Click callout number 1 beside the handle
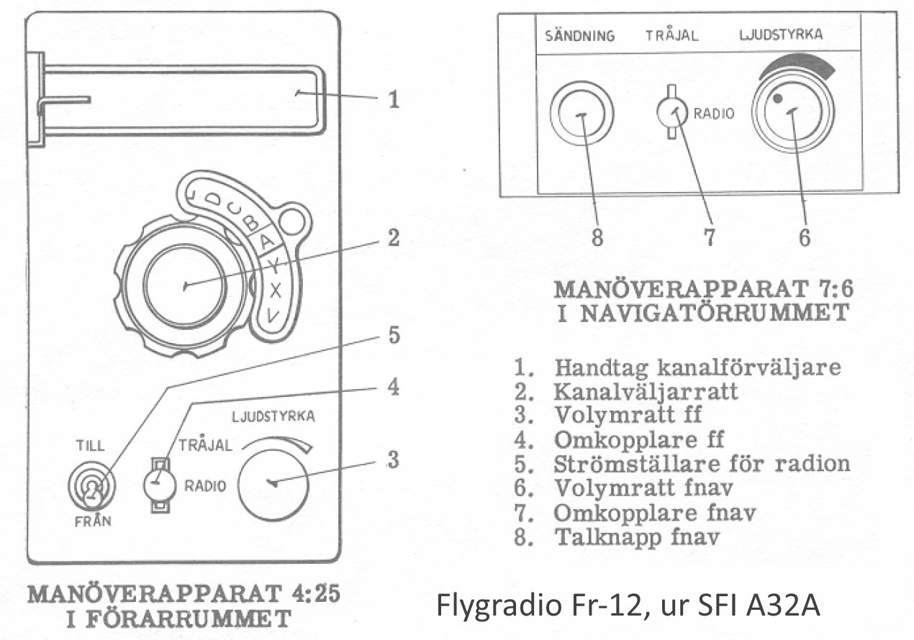pyautogui.click(x=394, y=99)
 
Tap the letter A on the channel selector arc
pyautogui.click(x=267, y=242)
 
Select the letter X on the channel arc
pyautogui.click(x=276, y=291)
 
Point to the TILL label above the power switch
pyautogui.click(x=90, y=445)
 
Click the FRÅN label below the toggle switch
pyautogui.click(x=93, y=521)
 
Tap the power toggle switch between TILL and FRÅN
pyautogui.click(x=92, y=486)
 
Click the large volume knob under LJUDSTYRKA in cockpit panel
pyautogui.click(x=273, y=485)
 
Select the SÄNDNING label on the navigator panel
pyautogui.click(x=580, y=35)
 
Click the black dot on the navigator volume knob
pyautogui.click(x=778, y=99)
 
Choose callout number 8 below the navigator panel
pyautogui.click(x=597, y=237)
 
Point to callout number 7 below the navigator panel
pyautogui.click(x=710, y=237)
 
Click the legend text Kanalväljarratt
pyautogui.click(x=646, y=392)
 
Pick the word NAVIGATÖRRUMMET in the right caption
pyautogui.click(x=715, y=314)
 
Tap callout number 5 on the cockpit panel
pyautogui.click(x=394, y=335)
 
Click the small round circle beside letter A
pyautogui.click(x=292, y=221)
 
